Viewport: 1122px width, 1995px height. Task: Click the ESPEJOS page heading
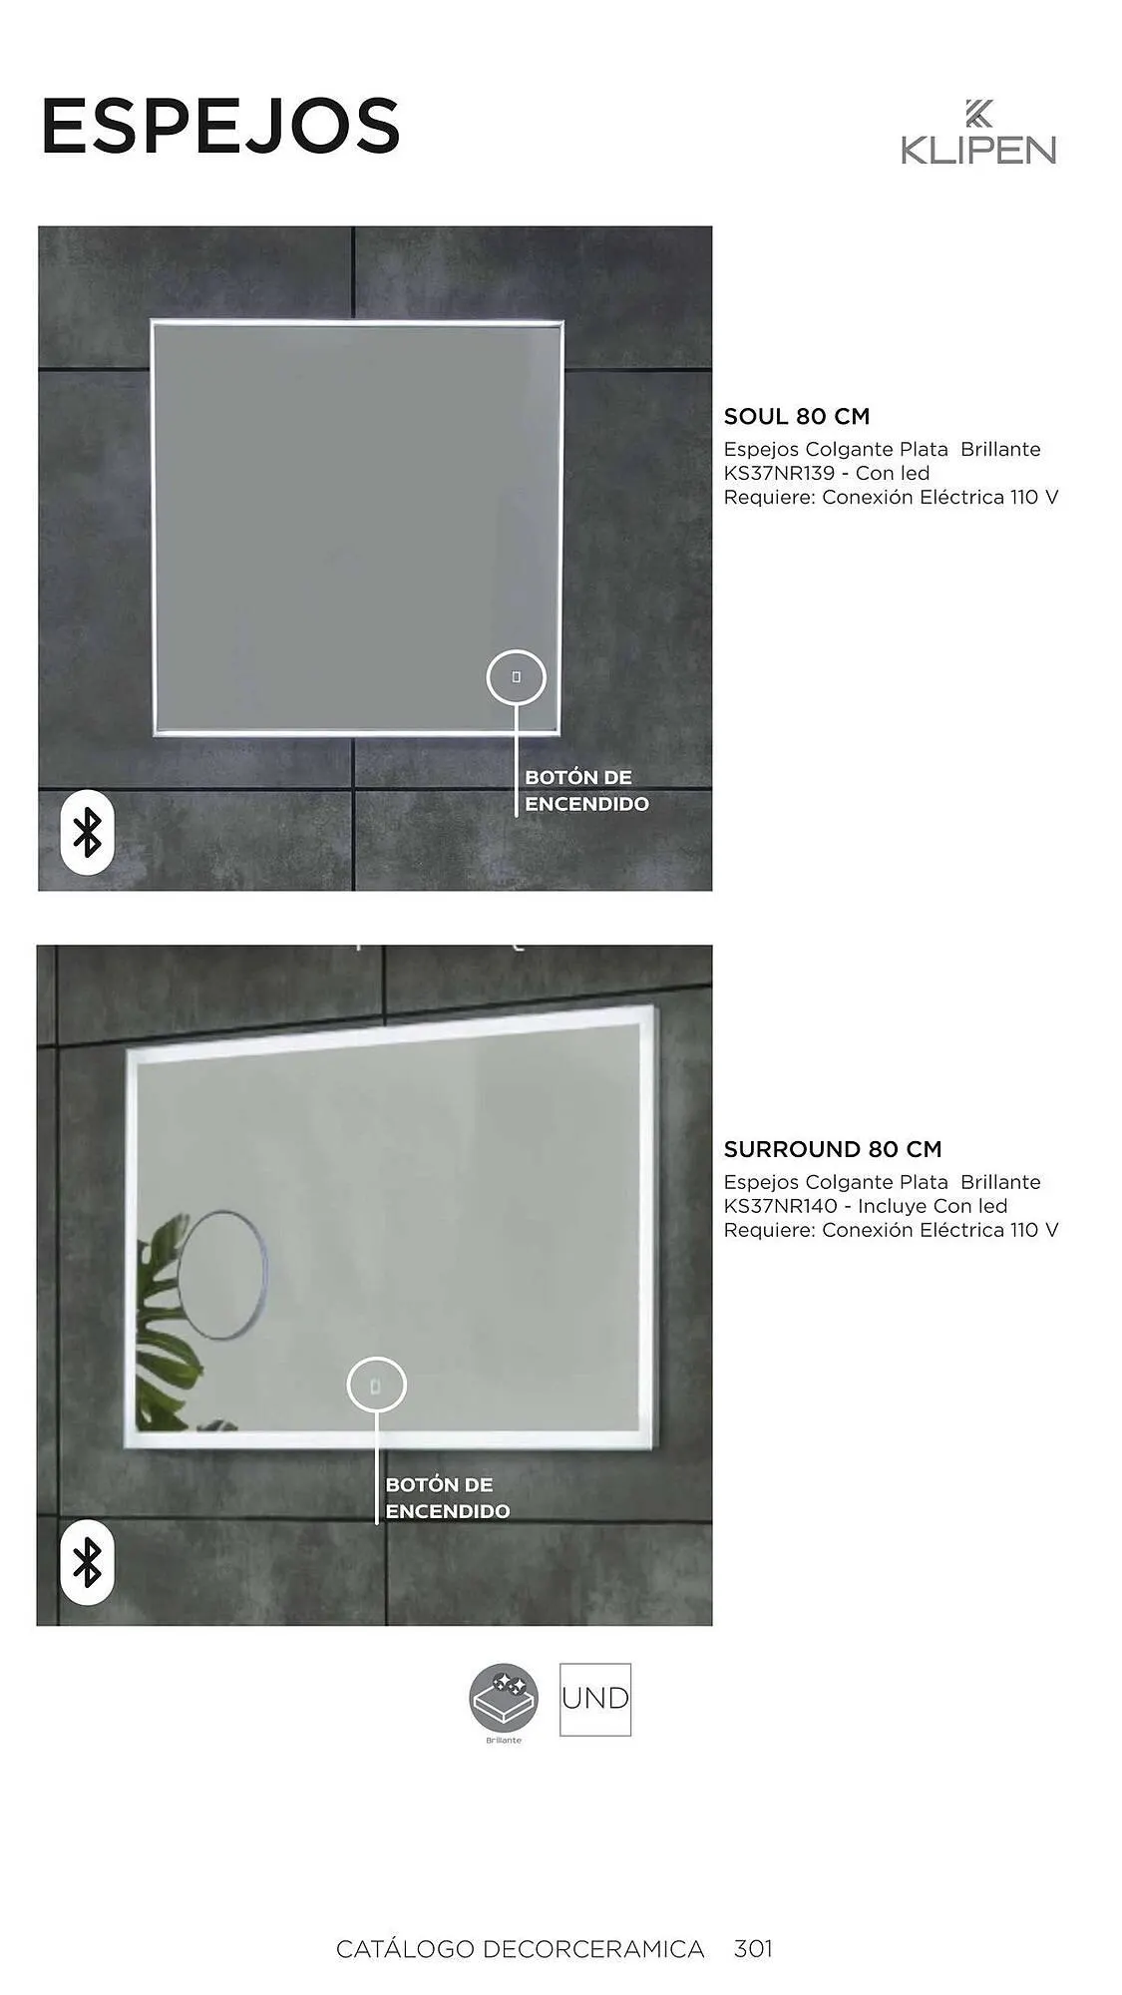point(220,127)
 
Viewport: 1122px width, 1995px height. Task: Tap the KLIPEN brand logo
point(977,133)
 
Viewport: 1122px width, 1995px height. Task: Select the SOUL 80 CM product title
point(796,417)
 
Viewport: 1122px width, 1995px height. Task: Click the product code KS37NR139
point(779,474)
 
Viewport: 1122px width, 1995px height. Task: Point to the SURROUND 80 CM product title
point(832,1149)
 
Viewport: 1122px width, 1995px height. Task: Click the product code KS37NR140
point(780,1206)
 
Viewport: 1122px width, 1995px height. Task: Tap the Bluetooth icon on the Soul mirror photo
point(88,832)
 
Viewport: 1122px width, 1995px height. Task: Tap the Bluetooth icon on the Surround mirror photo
point(88,1561)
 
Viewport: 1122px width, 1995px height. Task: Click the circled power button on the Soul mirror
point(516,677)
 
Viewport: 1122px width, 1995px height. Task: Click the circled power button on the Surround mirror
point(376,1386)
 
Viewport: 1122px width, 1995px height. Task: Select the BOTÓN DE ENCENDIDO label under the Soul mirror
point(586,791)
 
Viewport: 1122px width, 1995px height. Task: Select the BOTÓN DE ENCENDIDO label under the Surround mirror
point(447,1498)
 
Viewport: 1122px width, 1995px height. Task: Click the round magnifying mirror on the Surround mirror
point(223,1274)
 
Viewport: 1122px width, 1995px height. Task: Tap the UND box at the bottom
point(594,1699)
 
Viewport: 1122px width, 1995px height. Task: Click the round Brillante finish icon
point(504,1698)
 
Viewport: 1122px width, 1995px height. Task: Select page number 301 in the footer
point(753,1948)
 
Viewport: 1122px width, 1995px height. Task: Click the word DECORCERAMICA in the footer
point(593,1949)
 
